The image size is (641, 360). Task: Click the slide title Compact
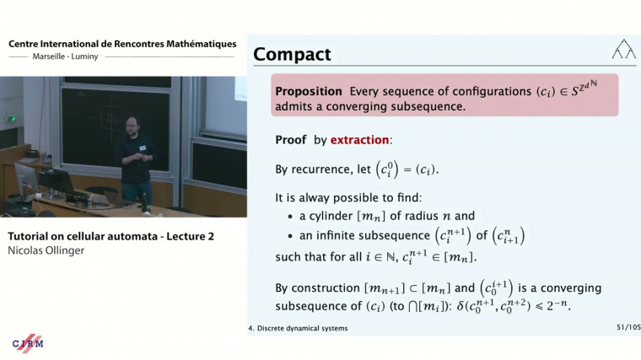292,55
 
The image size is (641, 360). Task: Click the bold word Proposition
307,91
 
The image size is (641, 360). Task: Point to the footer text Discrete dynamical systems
304,328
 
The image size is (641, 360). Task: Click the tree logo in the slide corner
623,50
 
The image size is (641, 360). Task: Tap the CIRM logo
28,343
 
